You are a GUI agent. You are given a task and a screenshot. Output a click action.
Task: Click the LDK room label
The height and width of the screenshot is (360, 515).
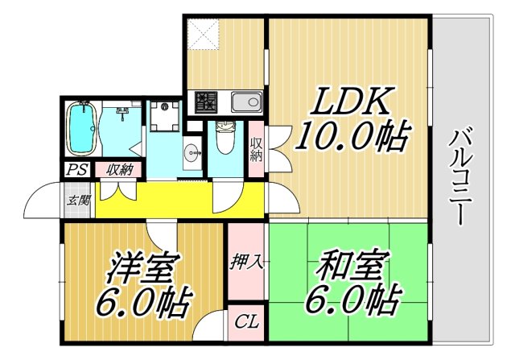(352, 103)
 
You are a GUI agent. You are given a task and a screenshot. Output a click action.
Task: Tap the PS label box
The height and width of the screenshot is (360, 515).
(77, 170)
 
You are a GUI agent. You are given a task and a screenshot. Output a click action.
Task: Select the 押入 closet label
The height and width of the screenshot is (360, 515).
(245, 263)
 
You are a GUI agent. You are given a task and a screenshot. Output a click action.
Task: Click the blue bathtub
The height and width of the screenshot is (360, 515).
(81, 129)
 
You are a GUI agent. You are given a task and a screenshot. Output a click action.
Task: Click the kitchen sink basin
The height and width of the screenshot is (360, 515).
(246, 102)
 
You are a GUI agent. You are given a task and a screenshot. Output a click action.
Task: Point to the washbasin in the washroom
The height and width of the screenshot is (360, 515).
(191, 150)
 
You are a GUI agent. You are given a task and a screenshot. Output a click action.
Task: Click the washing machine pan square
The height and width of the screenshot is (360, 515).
(167, 117)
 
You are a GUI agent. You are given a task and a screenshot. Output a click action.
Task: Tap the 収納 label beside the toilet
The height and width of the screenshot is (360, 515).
(257, 150)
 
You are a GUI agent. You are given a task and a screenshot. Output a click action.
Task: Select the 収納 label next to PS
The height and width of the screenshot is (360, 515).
(119, 170)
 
